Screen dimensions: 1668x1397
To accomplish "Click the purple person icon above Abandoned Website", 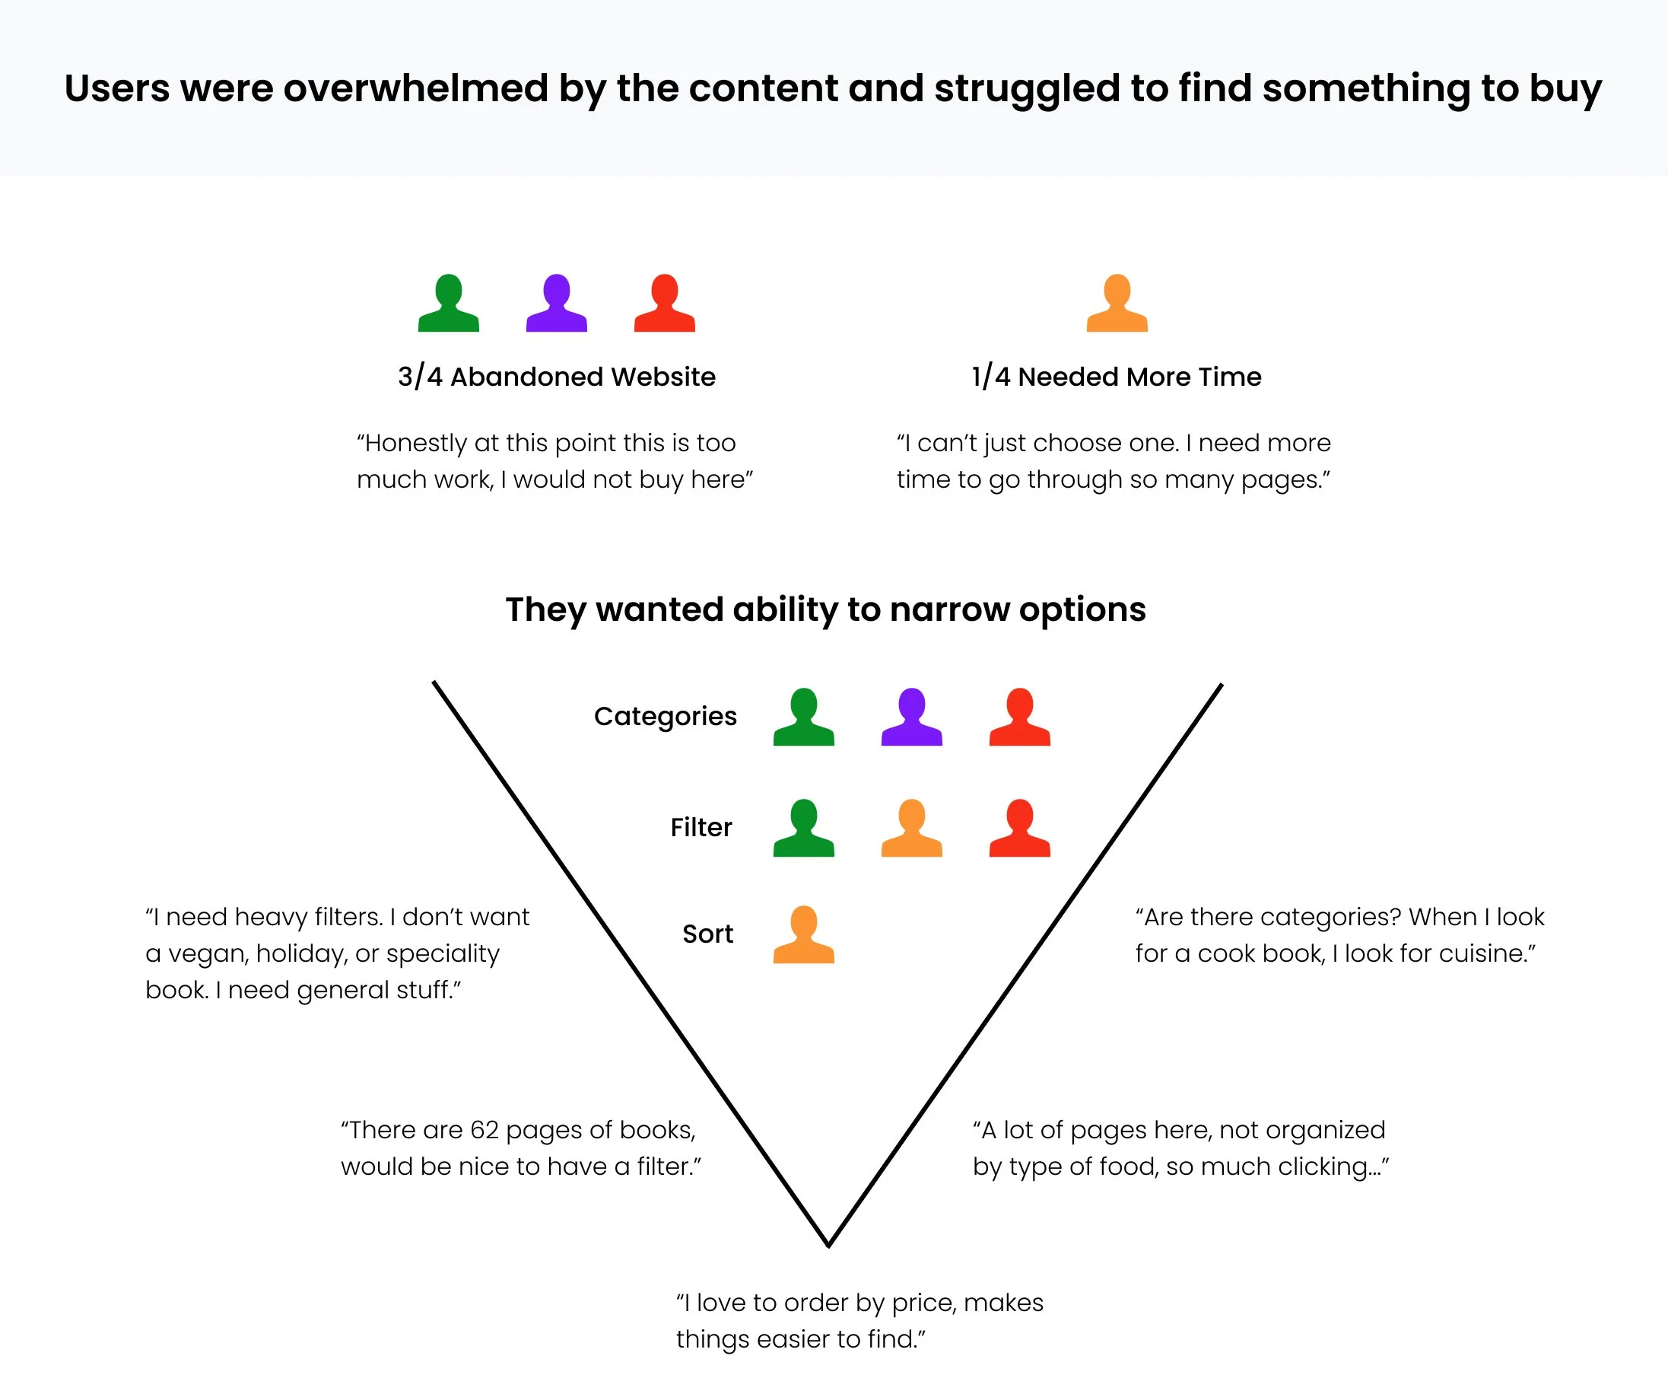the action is pyautogui.click(x=556, y=304).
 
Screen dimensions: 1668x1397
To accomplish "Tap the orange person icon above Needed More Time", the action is pyautogui.click(x=1117, y=304).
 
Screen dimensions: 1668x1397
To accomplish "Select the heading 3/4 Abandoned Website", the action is pyautogui.click(x=556, y=377).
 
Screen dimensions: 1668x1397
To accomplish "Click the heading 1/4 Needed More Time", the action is pyautogui.click(x=1116, y=377).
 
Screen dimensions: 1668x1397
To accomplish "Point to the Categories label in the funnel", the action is pyautogui.click(x=665, y=717).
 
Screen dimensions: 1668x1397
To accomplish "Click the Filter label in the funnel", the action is pyautogui.click(x=701, y=828).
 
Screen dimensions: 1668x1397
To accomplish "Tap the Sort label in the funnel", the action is pyautogui.click(x=707, y=934).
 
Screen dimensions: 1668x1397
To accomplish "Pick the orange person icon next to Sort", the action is pyautogui.click(x=803, y=935).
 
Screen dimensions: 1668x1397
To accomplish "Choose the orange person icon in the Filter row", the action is pyautogui.click(x=911, y=828).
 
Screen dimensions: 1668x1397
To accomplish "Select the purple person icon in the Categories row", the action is pyautogui.click(x=911, y=717).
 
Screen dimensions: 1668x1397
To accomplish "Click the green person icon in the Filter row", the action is pyautogui.click(x=803, y=828).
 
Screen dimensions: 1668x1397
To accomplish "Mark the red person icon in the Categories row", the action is pyautogui.click(x=1019, y=717).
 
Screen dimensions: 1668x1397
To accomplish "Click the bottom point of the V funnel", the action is pyautogui.click(x=828, y=1243).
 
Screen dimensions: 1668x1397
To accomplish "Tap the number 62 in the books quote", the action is pyautogui.click(x=484, y=1130).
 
